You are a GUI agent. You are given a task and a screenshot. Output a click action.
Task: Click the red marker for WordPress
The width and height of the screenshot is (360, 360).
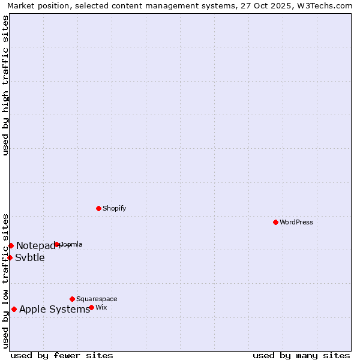point(275,222)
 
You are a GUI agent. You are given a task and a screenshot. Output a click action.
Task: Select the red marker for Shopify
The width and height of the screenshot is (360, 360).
point(98,208)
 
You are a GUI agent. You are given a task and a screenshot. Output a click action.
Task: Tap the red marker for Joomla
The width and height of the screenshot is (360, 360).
point(57,244)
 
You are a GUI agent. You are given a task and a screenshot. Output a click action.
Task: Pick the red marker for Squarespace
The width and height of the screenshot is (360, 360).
point(72,299)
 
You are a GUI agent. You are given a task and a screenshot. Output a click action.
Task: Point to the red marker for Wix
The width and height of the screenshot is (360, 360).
point(91,307)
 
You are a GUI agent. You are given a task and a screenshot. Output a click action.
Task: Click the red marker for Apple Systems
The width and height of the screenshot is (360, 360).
point(14,309)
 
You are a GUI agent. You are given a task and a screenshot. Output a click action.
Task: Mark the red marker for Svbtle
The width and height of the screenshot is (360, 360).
point(10,257)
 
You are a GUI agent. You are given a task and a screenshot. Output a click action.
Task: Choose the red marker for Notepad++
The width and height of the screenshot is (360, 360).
point(11,245)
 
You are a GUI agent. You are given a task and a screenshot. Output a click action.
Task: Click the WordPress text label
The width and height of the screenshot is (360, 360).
point(296,222)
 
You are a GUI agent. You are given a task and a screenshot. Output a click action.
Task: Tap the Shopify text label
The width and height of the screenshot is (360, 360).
point(114,208)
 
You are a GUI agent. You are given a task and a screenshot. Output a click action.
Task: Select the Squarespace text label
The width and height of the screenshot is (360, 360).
point(97,299)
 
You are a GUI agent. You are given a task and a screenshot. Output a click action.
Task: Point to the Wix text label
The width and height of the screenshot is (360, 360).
point(101,307)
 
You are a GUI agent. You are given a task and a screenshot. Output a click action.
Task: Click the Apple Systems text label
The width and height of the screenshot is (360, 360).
point(55,310)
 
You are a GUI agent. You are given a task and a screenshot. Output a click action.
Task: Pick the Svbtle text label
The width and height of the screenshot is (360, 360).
point(30,258)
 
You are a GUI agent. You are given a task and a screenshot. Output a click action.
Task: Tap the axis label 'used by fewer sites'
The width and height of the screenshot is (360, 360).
point(62,355)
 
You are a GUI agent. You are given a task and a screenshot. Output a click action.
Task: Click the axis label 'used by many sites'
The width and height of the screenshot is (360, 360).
point(301,355)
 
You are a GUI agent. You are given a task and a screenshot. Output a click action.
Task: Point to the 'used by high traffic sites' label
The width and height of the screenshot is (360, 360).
point(5,85)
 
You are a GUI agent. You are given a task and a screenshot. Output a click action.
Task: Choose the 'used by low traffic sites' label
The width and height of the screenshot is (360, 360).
point(5,280)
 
